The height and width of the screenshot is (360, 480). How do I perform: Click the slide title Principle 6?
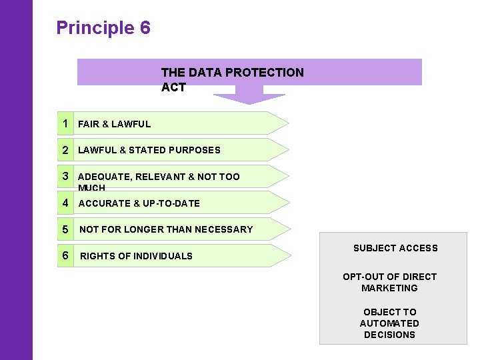(103, 28)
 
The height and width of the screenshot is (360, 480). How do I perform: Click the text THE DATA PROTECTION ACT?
(232, 79)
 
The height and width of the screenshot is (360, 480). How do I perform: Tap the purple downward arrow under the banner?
(249, 97)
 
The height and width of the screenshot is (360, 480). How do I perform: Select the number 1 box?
(65, 123)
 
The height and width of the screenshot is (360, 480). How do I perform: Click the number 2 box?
(65, 150)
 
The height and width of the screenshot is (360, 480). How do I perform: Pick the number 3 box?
(65, 176)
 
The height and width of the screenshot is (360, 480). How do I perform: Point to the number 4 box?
(65, 203)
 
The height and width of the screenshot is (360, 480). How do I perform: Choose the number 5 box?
(65, 229)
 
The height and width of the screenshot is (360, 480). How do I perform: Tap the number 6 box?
(65, 255)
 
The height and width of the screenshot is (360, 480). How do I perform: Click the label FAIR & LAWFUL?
(114, 124)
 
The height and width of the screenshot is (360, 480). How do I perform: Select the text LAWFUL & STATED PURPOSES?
(149, 150)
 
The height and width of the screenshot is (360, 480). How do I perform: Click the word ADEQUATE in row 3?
(105, 177)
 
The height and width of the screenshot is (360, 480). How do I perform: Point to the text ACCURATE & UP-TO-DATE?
(139, 203)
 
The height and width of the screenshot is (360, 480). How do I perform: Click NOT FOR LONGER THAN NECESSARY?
(166, 229)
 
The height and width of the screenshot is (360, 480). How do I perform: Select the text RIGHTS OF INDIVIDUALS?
(136, 256)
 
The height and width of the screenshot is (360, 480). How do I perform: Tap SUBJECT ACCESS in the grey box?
(395, 248)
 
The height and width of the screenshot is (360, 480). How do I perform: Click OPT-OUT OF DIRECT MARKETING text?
(389, 282)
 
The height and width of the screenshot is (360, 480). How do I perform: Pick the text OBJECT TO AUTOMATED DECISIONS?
(389, 323)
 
